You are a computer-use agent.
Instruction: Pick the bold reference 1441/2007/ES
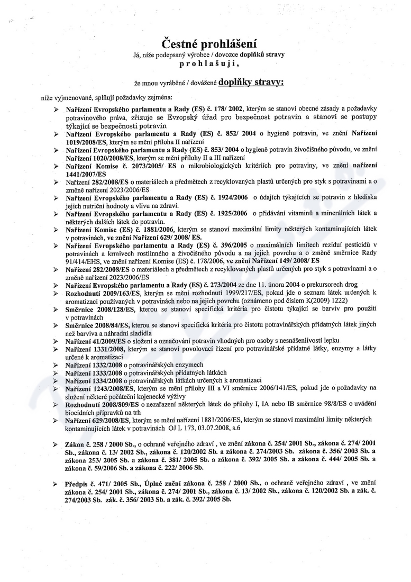[x=86, y=174]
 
